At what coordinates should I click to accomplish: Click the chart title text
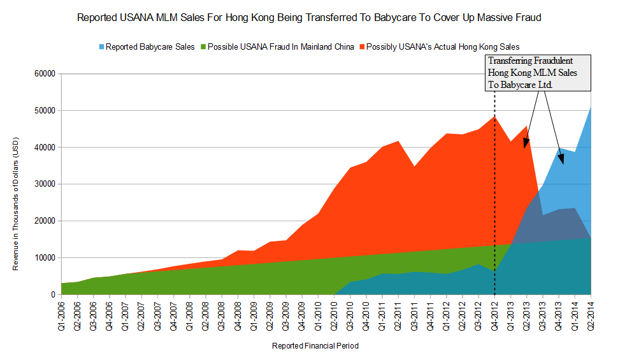309,18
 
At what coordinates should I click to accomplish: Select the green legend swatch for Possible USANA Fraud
203,47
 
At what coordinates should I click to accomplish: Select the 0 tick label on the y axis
54,295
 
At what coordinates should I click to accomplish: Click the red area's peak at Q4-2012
495,117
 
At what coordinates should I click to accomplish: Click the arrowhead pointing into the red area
526,145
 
